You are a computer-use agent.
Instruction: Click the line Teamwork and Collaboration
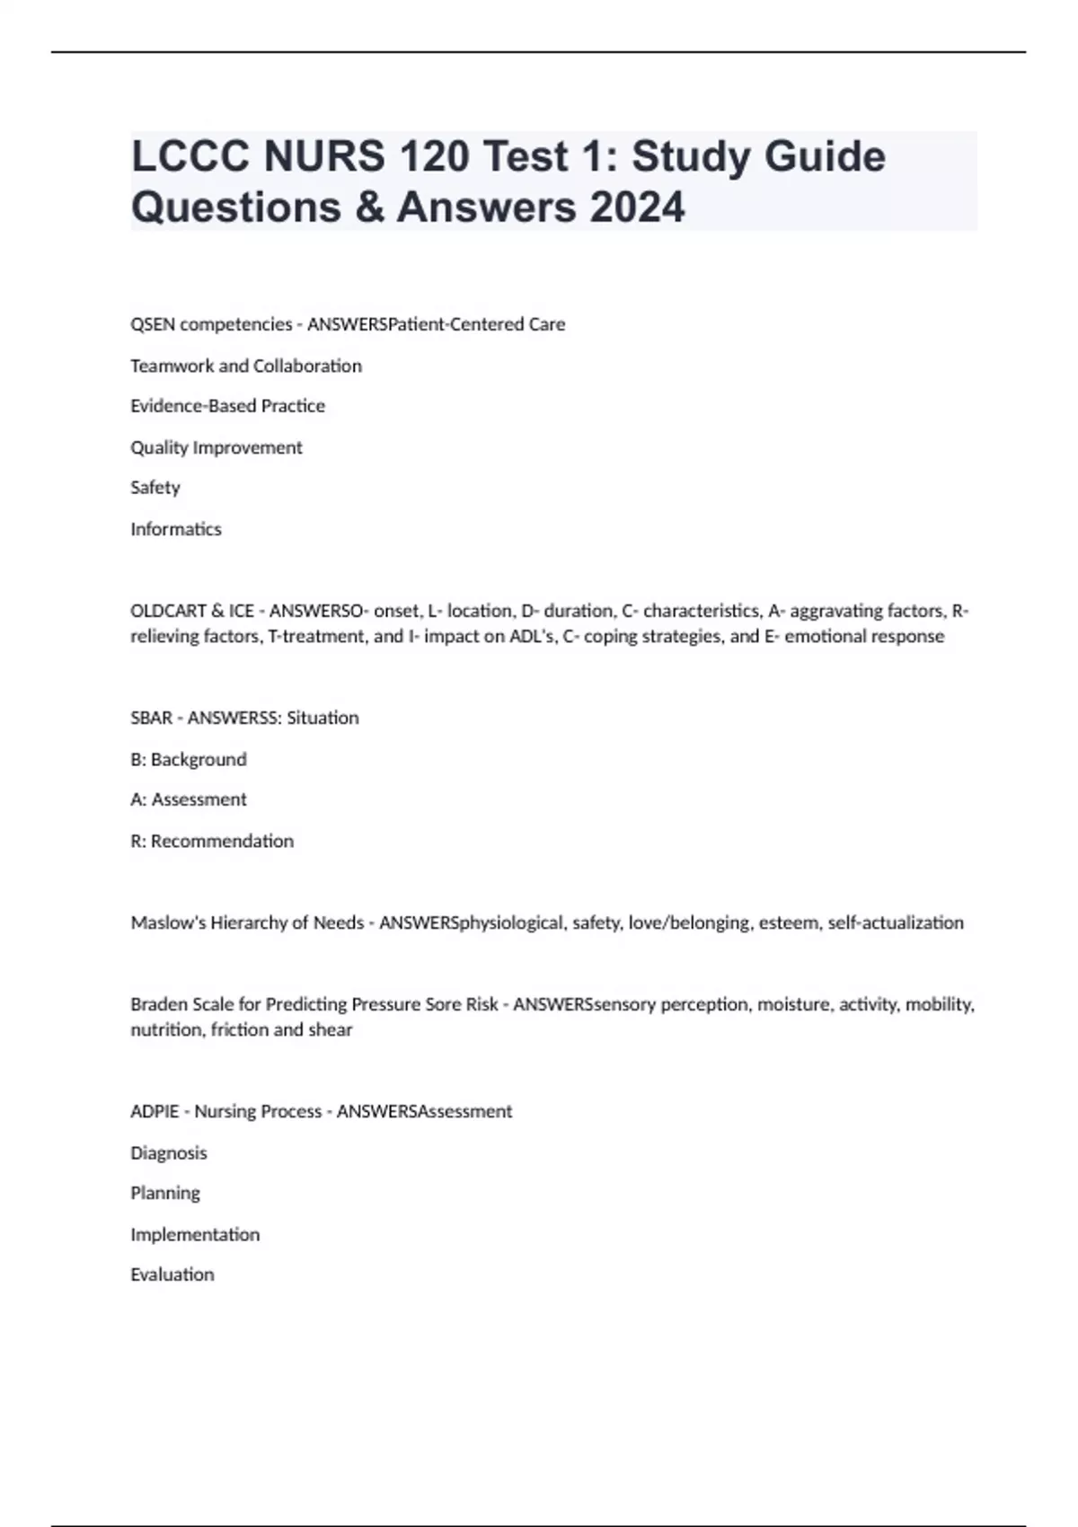click(x=246, y=366)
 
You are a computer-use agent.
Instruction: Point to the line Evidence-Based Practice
click(x=227, y=406)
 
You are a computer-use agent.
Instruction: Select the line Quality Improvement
click(x=216, y=447)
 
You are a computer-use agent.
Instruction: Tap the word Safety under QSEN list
click(x=155, y=488)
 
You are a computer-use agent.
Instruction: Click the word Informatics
click(x=176, y=529)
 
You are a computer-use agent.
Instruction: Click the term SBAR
click(x=151, y=718)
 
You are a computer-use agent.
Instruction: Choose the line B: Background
click(x=189, y=759)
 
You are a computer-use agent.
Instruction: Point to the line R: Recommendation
click(x=212, y=841)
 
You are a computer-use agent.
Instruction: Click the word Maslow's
click(x=168, y=922)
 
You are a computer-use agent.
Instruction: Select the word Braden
click(x=159, y=1004)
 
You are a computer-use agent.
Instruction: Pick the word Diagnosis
click(x=169, y=1152)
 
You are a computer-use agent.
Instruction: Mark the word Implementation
click(x=195, y=1234)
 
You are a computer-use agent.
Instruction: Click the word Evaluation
click(x=172, y=1275)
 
